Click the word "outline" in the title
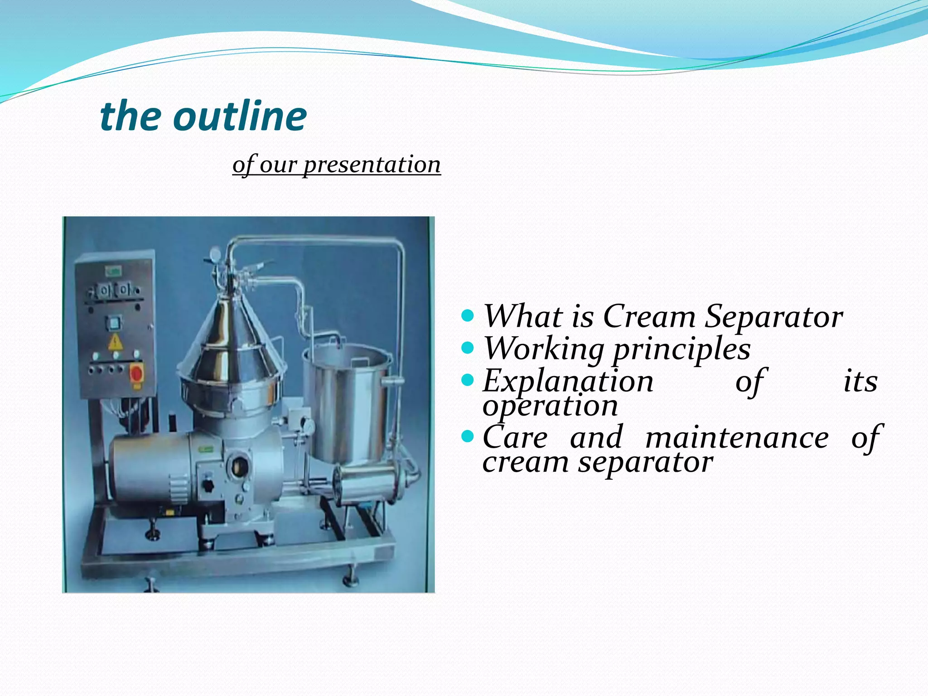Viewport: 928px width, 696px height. pyautogui.click(x=240, y=116)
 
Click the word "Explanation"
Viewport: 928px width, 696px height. pyautogui.click(x=568, y=381)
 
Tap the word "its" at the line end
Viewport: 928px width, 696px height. pyautogui.click(x=860, y=381)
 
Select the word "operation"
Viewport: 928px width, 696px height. pyautogui.click(x=550, y=405)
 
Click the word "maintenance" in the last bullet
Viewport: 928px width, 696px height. pyautogui.click(x=737, y=437)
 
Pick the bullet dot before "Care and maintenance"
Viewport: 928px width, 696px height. pyautogui.click(x=467, y=437)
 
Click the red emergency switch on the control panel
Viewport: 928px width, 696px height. pyautogui.click(x=136, y=373)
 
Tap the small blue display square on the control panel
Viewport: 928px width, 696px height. pyautogui.click(x=113, y=322)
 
